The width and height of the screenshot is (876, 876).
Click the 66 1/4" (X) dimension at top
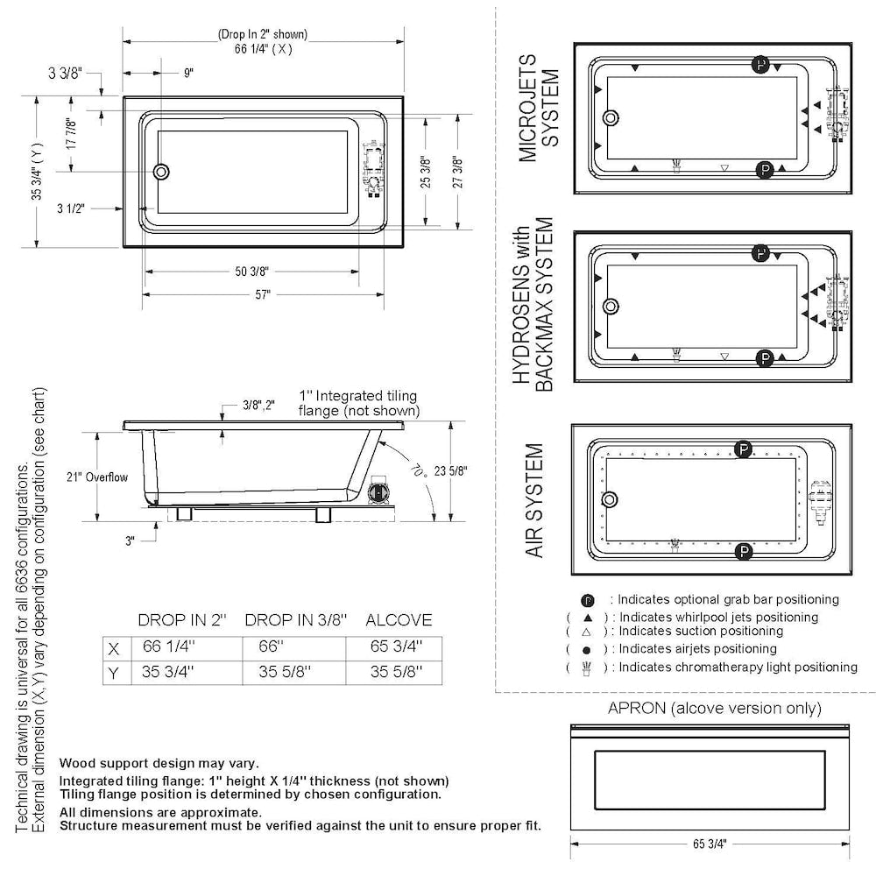point(263,49)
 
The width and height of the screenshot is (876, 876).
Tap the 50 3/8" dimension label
point(251,272)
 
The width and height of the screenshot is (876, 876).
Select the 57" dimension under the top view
point(262,295)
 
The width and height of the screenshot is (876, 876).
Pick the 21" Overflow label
point(97,477)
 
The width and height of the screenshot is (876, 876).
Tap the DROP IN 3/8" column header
point(296,620)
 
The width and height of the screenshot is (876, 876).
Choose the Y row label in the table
point(113,673)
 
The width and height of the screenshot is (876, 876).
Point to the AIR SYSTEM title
point(535,500)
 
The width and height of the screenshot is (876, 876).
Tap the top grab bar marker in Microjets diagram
point(761,65)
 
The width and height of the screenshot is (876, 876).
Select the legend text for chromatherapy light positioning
point(738,667)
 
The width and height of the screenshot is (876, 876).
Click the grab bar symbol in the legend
point(588,601)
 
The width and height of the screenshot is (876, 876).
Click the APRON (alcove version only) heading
point(714,708)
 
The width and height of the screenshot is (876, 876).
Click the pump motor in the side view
point(379,491)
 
